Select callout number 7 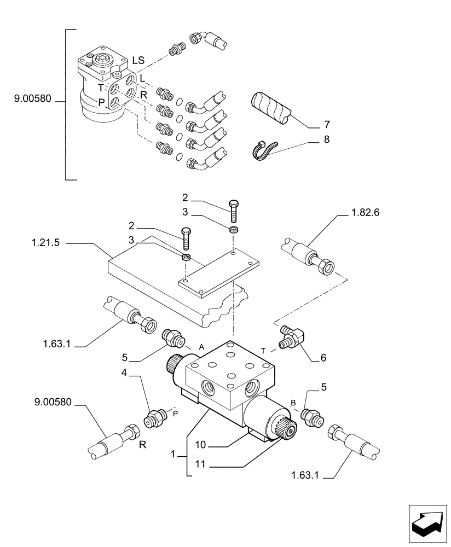click(326, 124)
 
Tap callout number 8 click(326, 140)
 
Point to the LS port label click(138, 61)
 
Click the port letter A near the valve click(201, 347)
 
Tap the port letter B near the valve click(293, 403)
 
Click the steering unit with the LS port click(103, 85)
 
